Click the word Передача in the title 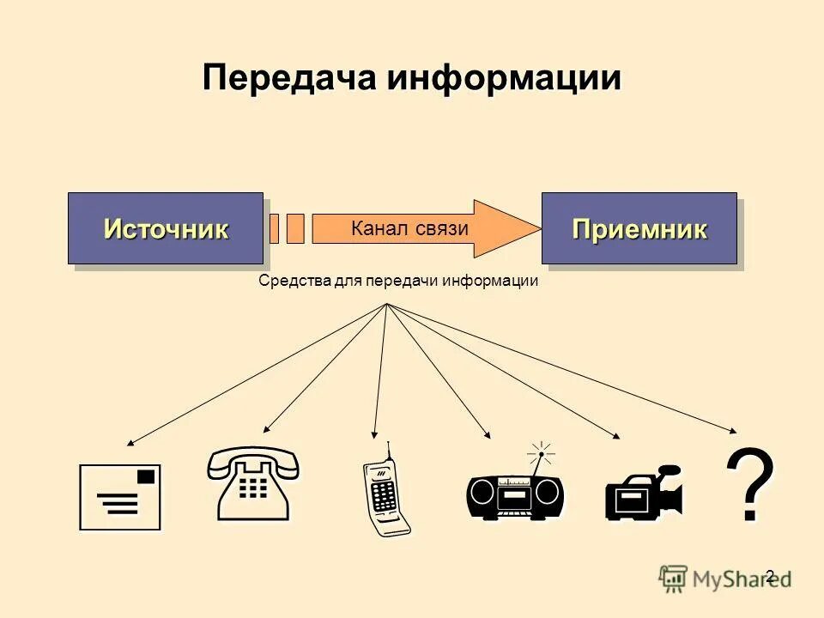291,78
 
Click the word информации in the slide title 504,78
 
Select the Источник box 166,228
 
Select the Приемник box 639,228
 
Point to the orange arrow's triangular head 506,228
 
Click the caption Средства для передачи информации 398,281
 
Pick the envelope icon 120,498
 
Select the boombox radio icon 516,493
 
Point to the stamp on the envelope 148,475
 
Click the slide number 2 769,576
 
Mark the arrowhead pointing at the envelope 130,443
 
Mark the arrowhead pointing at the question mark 733,431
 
